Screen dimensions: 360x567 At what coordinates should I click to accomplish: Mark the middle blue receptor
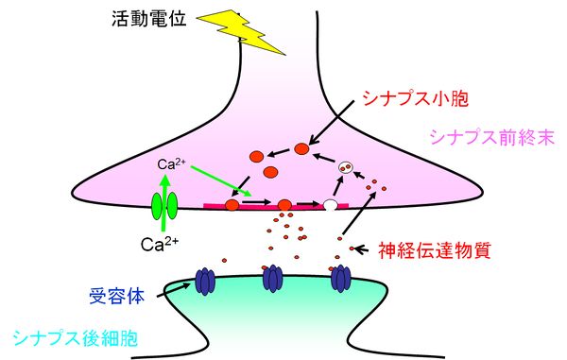(x=273, y=278)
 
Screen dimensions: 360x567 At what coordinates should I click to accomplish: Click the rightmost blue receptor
(x=340, y=279)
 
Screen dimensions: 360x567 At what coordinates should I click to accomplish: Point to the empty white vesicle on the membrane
(x=330, y=203)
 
